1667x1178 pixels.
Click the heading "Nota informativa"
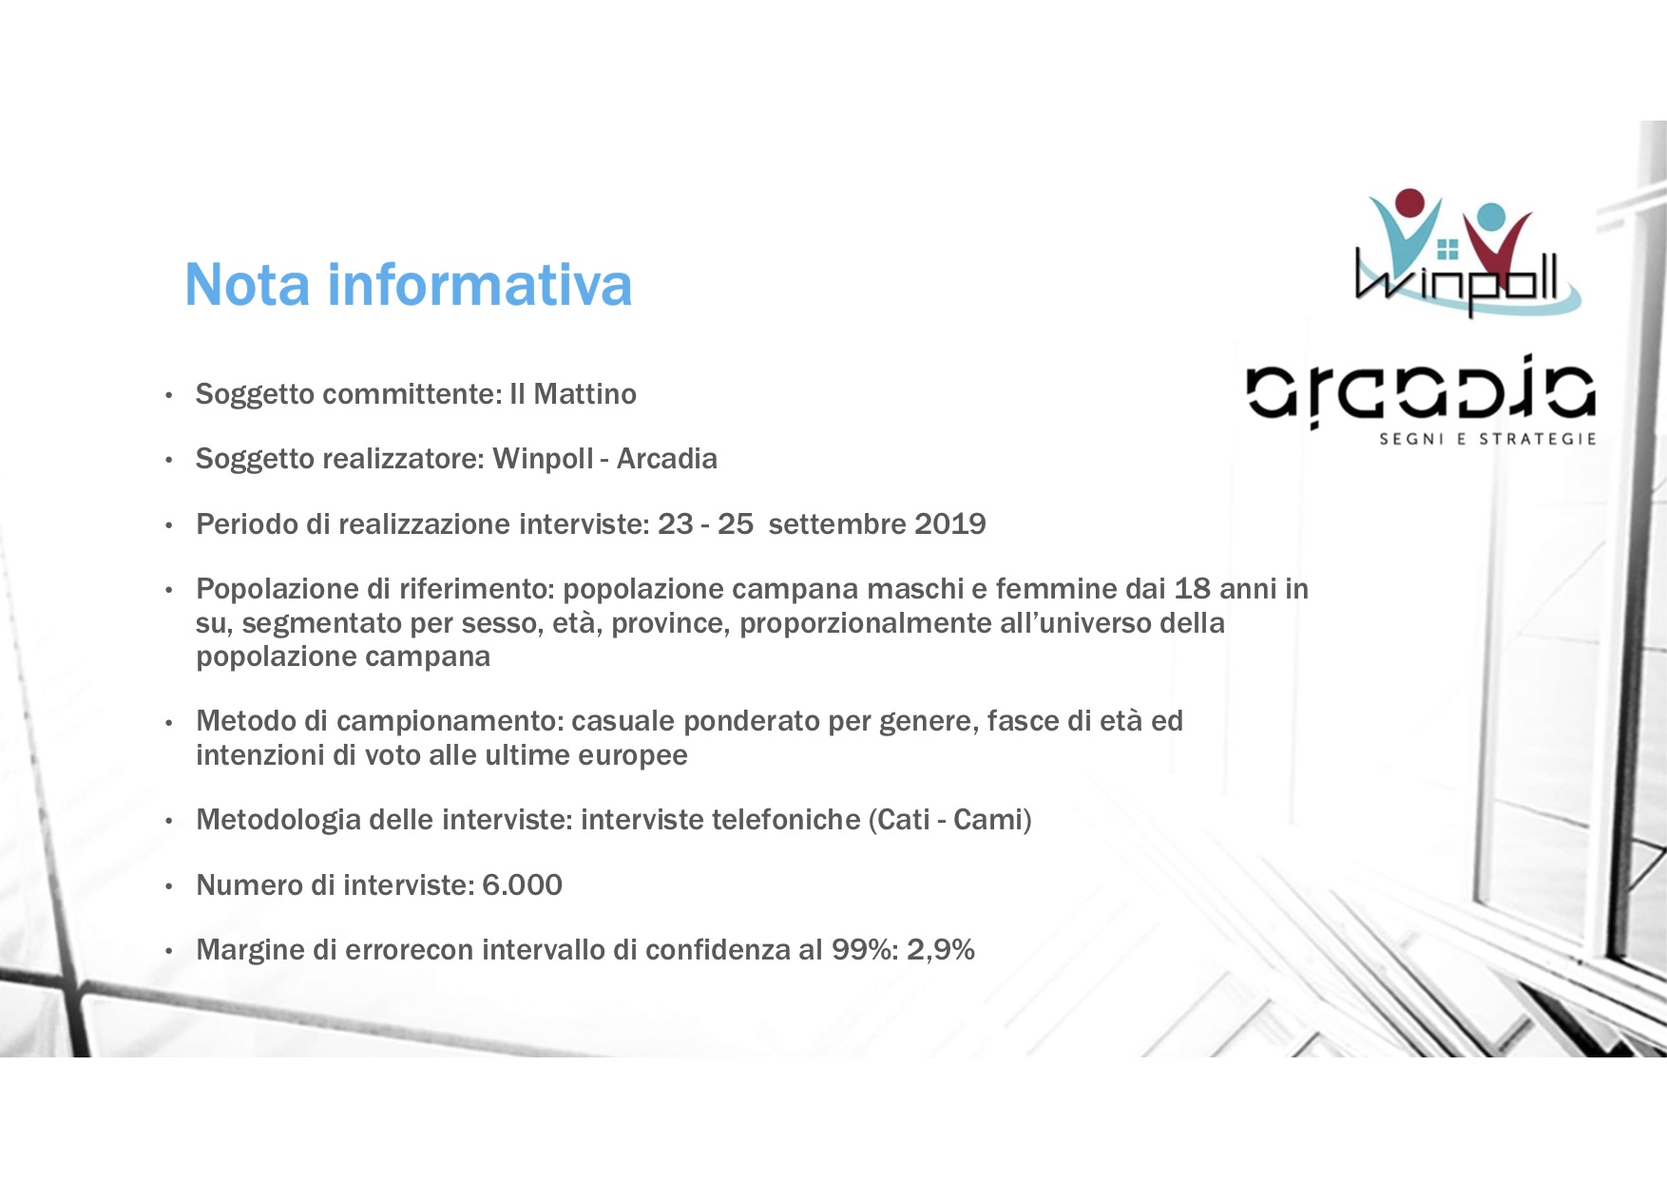[x=408, y=284]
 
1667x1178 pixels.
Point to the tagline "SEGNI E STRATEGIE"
[x=1487, y=439]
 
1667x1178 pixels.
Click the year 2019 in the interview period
[x=949, y=523]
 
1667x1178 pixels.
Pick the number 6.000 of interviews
[x=522, y=884]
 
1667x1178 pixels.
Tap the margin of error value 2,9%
[x=941, y=950]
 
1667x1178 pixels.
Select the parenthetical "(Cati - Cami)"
[x=949, y=819]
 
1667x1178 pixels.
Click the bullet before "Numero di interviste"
[x=168, y=886]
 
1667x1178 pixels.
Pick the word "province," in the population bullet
[x=671, y=624]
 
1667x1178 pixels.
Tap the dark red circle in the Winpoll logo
[x=1410, y=203]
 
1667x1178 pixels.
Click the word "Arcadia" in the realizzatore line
[x=667, y=459]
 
